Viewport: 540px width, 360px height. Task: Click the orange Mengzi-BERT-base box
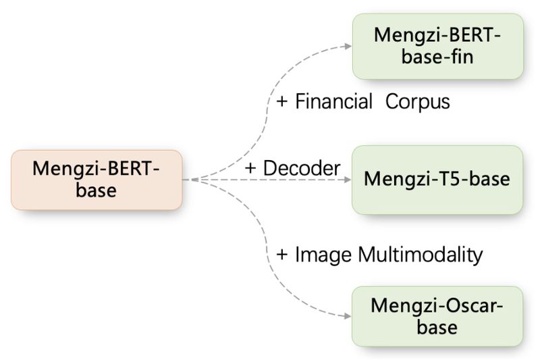[x=97, y=179]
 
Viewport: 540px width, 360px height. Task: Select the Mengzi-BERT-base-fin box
[x=437, y=45]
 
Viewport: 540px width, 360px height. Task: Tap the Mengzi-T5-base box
[x=437, y=180]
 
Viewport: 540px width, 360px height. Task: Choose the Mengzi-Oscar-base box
[x=437, y=316]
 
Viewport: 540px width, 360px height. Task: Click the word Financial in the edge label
[x=334, y=102]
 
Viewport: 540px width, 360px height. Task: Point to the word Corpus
[x=418, y=102]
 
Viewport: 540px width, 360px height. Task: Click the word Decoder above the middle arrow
[x=302, y=168]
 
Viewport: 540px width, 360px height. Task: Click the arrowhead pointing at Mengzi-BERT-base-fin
[x=348, y=46]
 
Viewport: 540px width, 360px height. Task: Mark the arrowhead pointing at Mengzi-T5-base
[x=348, y=180]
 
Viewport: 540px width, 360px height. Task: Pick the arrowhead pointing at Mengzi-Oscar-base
[x=348, y=315]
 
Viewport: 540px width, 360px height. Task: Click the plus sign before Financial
[x=283, y=103]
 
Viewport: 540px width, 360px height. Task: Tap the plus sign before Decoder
[x=251, y=169]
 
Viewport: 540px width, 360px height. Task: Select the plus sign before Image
[x=283, y=255]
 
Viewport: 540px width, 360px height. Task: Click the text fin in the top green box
[x=460, y=56]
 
